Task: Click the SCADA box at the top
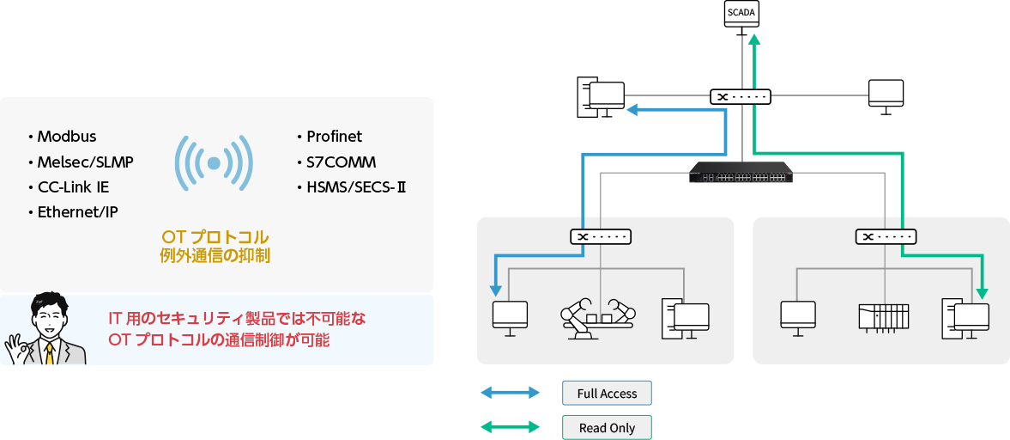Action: coord(742,14)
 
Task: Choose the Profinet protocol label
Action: coord(334,137)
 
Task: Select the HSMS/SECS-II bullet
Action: coord(355,186)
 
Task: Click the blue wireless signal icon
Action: coord(214,162)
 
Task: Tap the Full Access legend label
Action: coord(607,394)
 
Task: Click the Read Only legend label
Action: coord(607,428)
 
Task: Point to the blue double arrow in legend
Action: coord(510,394)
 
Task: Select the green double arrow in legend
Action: coord(510,427)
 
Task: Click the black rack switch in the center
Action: coord(741,172)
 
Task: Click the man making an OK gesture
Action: coord(46,332)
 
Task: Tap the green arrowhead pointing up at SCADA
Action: coord(753,39)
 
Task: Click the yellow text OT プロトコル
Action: coord(215,236)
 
